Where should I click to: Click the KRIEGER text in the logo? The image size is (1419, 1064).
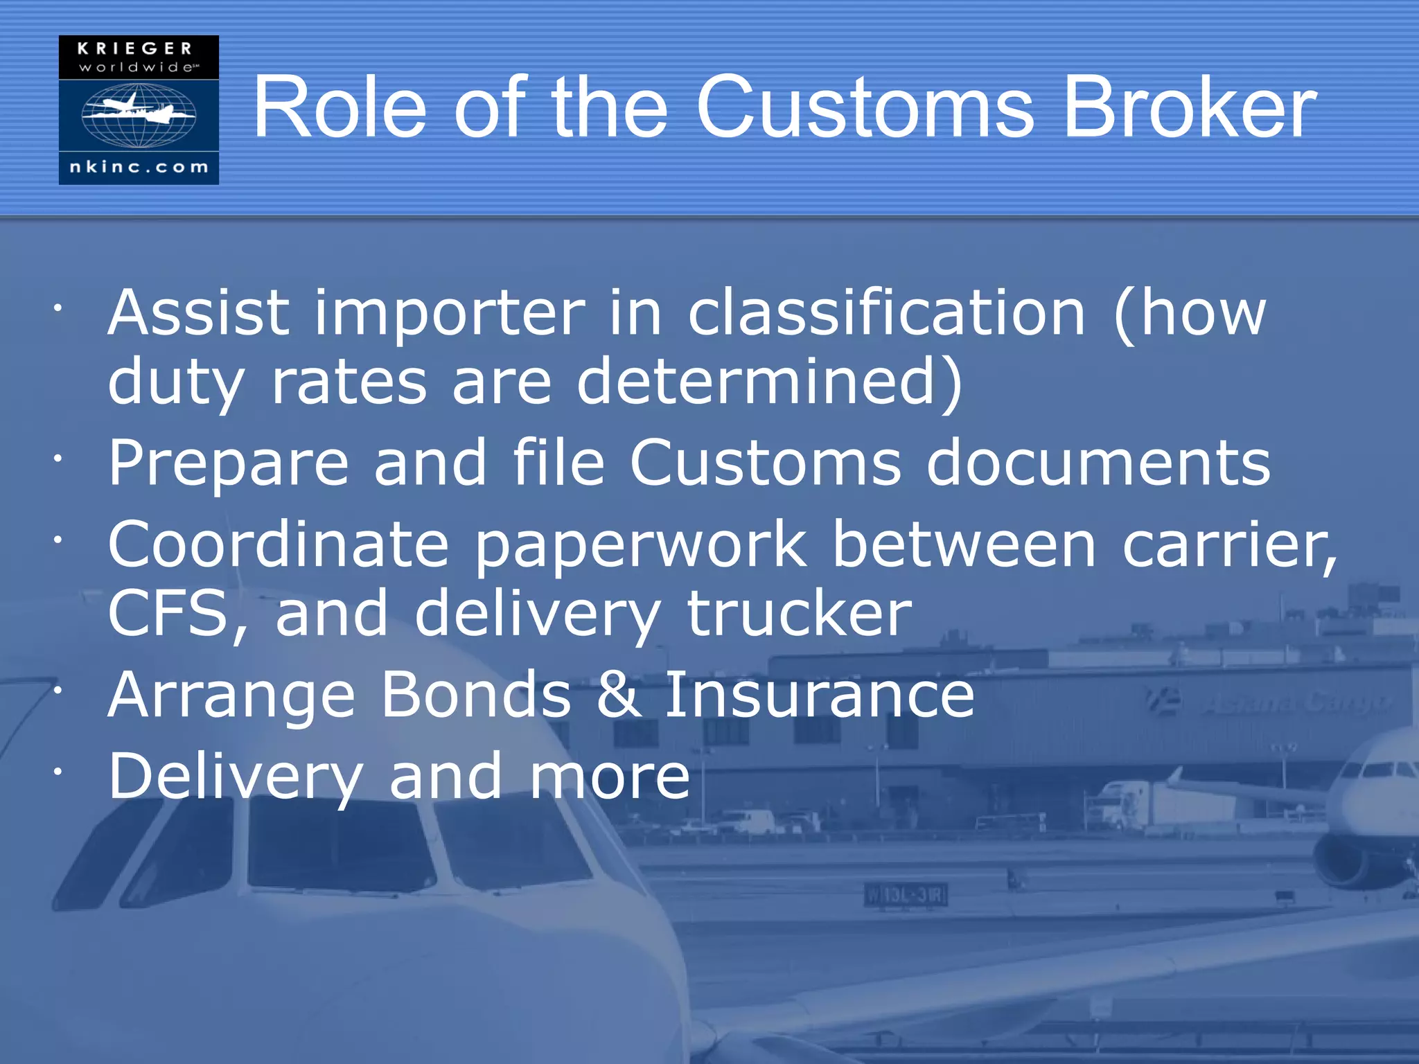(x=136, y=48)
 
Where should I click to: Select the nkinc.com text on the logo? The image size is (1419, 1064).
(x=139, y=167)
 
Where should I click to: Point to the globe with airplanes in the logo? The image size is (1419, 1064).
(x=139, y=115)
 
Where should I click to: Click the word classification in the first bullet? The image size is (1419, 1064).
(x=886, y=313)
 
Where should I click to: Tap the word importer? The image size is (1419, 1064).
(x=450, y=313)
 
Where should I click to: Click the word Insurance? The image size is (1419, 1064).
(x=819, y=695)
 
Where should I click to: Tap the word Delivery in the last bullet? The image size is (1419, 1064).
(x=236, y=778)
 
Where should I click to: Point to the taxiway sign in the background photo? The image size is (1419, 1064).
(x=906, y=896)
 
